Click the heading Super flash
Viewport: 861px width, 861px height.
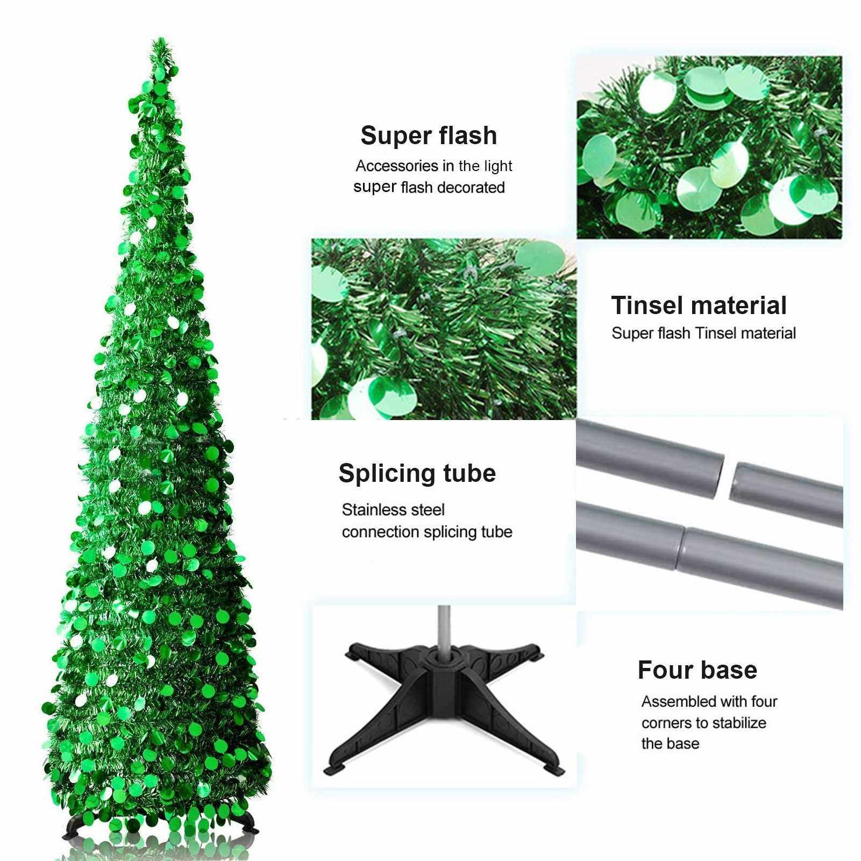pyautogui.click(x=429, y=136)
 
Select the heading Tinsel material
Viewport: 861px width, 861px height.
pyautogui.click(x=699, y=305)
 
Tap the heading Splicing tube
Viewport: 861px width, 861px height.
pyautogui.click(x=417, y=474)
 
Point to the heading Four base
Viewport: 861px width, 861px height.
pyautogui.click(x=697, y=670)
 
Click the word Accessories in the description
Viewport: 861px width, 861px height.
pyautogui.click(x=397, y=166)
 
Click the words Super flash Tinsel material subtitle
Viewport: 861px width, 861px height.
pyautogui.click(x=704, y=333)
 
